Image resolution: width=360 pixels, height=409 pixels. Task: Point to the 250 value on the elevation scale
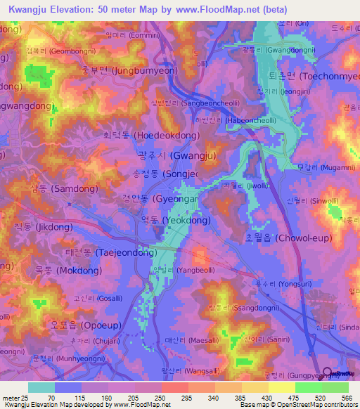[x=160, y=398]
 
